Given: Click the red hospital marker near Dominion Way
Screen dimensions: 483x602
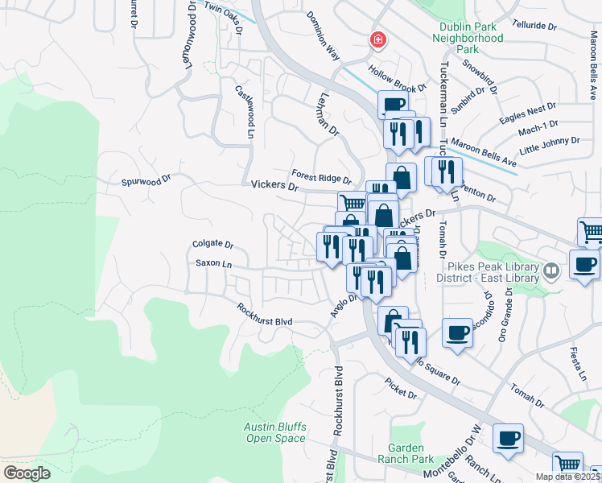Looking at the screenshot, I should (x=376, y=39).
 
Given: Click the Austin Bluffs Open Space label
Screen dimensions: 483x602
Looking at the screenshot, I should (x=276, y=432).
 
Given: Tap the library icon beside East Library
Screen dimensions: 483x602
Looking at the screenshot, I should (x=550, y=270).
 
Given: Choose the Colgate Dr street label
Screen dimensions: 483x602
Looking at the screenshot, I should (x=212, y=244).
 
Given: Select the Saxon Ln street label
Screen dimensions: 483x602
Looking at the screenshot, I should (x=213, y=263).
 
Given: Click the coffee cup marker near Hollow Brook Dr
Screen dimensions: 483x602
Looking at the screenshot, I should (x=393, y=104).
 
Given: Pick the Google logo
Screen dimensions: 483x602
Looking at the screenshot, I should (x=27, y=473).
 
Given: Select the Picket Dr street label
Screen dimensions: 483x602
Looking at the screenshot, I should (x=400, y=389).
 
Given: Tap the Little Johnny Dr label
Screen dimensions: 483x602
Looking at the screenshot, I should (x=550, y=145).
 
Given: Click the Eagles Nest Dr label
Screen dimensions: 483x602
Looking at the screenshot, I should (x=527, y=113).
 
